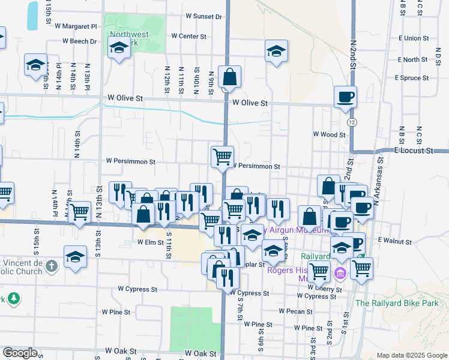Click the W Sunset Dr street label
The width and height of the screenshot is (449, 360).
[204, 16]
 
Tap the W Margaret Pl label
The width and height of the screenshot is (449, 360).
[76, 26]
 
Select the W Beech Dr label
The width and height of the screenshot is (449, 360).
[80, 41]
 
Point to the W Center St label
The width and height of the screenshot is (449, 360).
[188, 36]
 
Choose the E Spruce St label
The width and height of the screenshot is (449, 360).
[412, 78]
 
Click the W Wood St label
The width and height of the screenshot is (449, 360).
[329, 135]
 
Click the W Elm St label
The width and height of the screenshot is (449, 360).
[151, 242]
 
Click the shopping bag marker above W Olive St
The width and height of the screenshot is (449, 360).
[229, 77]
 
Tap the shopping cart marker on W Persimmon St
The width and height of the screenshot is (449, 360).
[222, 157]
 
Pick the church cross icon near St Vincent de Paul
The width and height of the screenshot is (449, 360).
[52, 265]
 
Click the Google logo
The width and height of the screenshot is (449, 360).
[20, 353]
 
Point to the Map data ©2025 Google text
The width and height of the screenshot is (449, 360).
[411, 355]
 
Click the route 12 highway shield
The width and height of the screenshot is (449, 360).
[351, 122]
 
